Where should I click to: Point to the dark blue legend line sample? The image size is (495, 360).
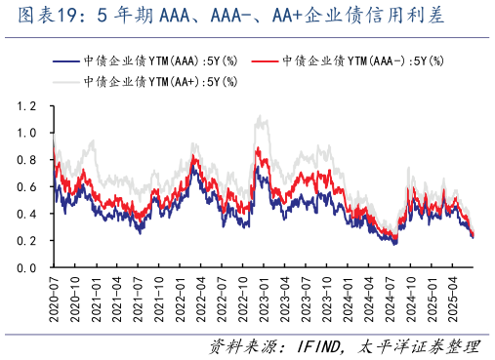[x=66, y=60]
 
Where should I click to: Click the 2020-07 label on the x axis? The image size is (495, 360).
[x=53, y=296]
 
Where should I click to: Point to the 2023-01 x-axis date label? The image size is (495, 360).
[x=264, y=296]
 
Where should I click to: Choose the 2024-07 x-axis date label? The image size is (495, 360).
[x=391, y=296]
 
